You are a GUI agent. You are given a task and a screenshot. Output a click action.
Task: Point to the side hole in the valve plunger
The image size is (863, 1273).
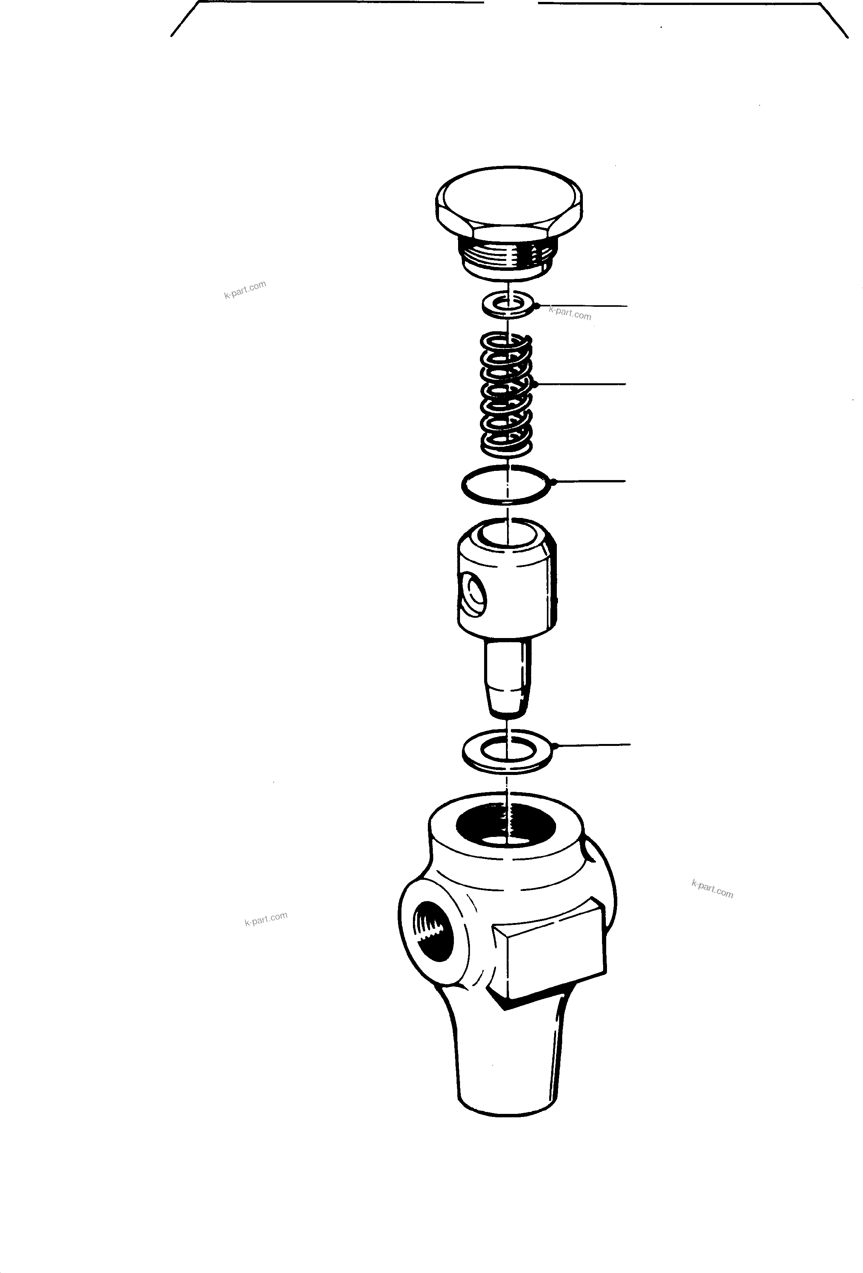(473, 594)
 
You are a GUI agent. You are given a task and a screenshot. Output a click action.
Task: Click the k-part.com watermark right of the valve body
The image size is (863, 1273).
(712, 889)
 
